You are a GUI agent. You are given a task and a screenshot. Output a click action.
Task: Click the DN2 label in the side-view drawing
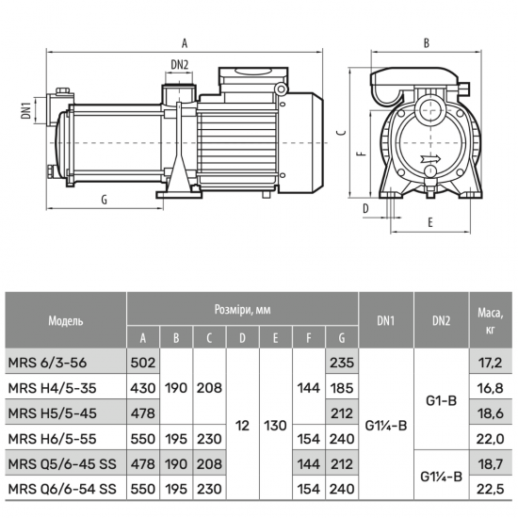click(x=179, y=64)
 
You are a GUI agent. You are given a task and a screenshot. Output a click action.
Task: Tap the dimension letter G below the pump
click(x=104, y=200)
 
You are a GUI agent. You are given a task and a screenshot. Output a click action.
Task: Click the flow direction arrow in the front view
click(x=430, y=158)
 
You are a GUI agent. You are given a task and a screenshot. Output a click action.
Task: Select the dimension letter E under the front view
click(x=429, y=222)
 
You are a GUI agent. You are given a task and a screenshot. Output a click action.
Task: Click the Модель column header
click(x=66, y=320)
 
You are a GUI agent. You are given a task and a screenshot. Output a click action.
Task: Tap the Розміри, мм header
click(x=242, y=310)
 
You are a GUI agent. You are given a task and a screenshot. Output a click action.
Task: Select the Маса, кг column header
click(x=491, y=320)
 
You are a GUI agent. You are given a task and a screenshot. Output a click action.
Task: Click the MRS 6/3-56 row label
click(x=47, y=363)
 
